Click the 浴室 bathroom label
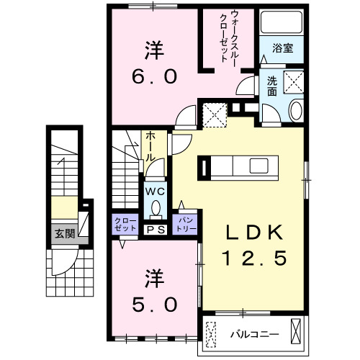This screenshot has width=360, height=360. pos(283,49)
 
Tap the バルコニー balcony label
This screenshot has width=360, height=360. pos(250,333)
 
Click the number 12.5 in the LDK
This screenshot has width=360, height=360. pos(250,256)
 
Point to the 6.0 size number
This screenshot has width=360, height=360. pos(153,76)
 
